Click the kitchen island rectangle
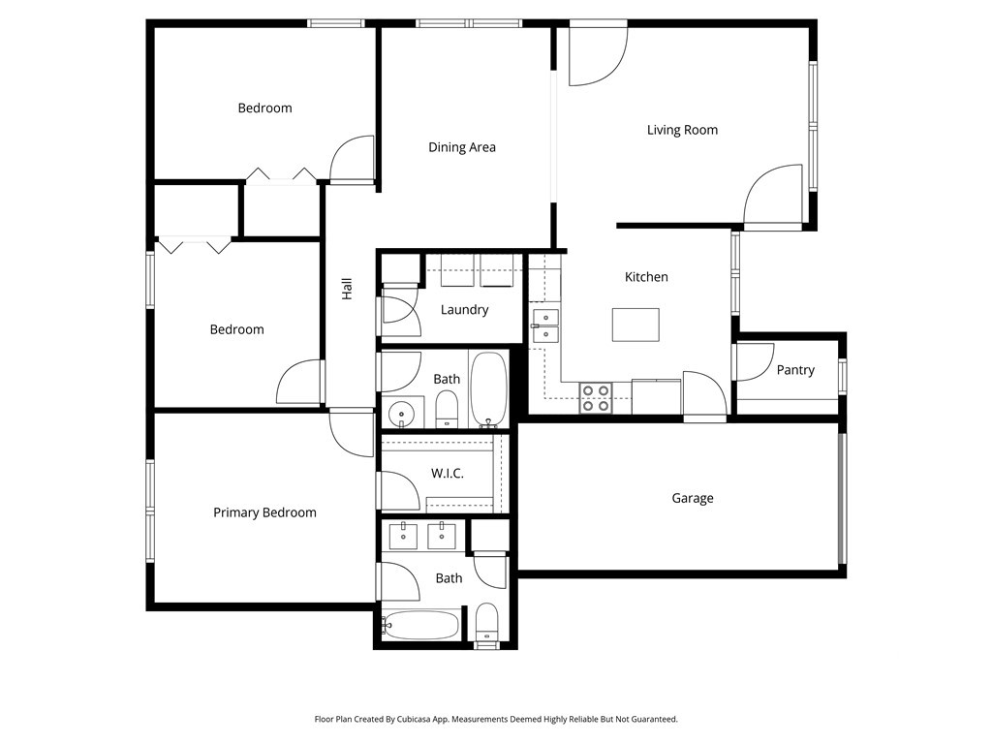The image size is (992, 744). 635,325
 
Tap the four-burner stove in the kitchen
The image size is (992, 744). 595,398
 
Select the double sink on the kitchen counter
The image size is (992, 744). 545,325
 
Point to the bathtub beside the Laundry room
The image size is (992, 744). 488,389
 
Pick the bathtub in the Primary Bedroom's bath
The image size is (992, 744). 420,625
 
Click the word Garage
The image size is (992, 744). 692,498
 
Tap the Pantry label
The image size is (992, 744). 795,370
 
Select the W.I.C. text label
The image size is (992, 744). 447,474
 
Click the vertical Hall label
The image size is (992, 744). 347,288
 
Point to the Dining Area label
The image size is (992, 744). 462,147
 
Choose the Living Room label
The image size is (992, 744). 682,130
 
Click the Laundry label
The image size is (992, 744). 464,310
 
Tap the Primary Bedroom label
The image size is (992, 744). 264,512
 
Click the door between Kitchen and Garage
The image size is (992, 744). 703,395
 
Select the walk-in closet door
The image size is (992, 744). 398,490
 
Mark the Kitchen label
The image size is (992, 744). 646,277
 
